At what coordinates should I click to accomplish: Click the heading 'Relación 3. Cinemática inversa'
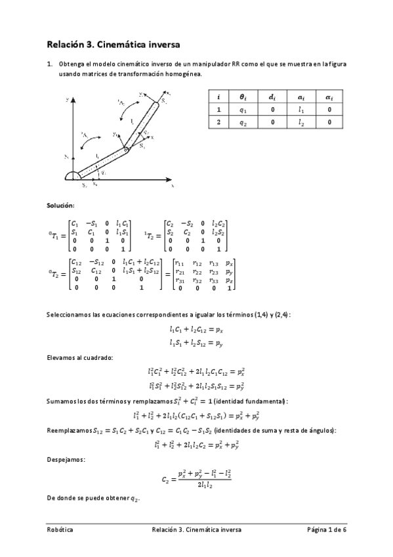[113, 45]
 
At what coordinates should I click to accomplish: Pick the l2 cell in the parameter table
[300, 122]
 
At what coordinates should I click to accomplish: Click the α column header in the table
[329, 97]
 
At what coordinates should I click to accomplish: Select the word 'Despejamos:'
[65, 460]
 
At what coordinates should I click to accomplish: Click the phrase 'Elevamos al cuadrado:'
[79, 357]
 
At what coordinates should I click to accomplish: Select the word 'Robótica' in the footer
[60, 529]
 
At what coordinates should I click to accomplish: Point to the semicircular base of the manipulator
[72, 175]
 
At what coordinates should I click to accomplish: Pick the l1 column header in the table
[300, 97]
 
